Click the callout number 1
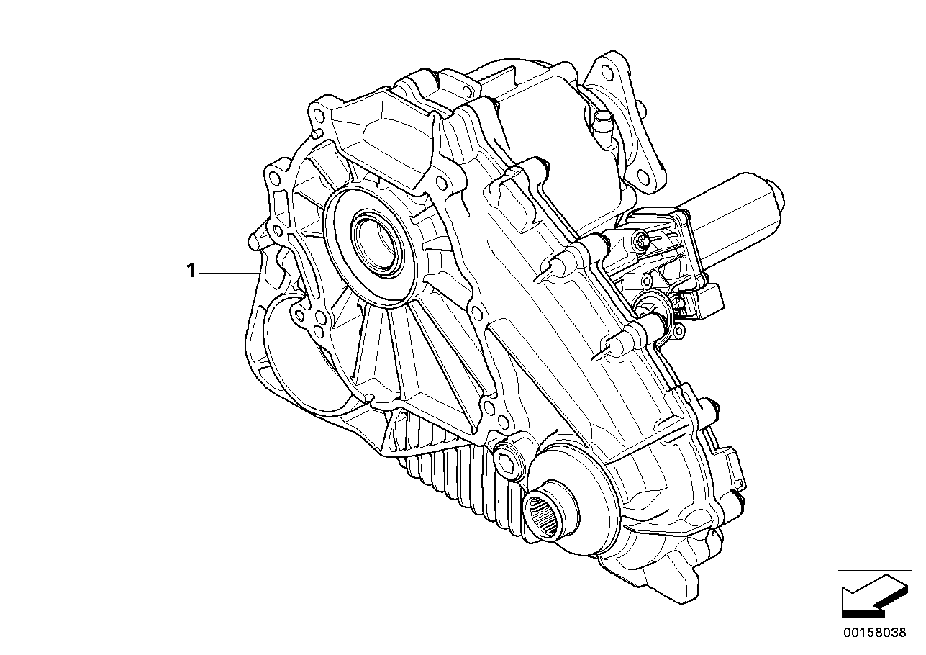pyautogui.click(x=191, y=271)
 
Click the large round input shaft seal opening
pyautogui.click(x=377, y=245)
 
